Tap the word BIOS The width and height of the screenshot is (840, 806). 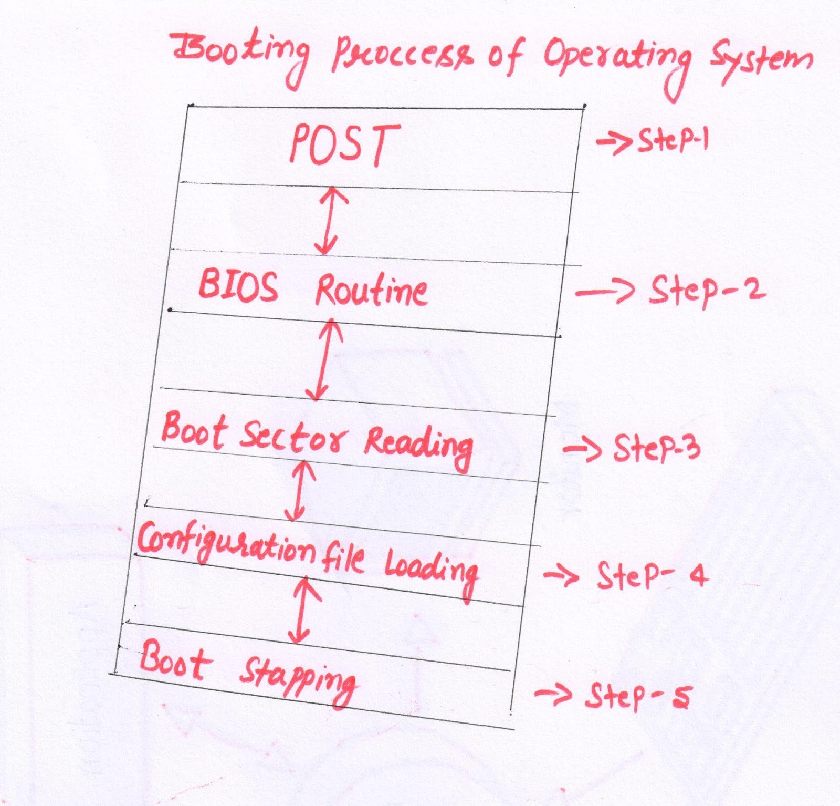(x=238, y=286)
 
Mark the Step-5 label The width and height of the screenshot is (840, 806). (x=638, y=696)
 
